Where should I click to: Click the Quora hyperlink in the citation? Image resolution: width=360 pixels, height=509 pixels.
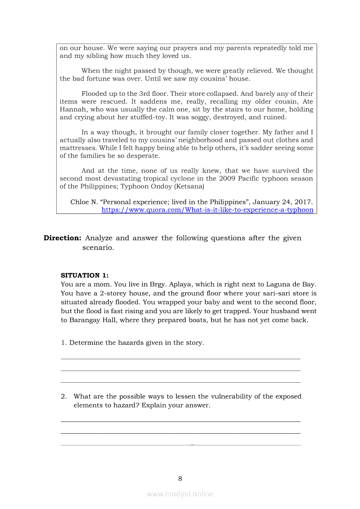click(x=207, y=210)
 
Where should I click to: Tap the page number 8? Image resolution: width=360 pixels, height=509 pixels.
click(x=180, y=479)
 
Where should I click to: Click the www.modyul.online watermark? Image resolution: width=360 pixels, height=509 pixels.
click(x=180, y=494)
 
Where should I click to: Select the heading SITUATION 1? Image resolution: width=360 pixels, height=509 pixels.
click(x=85, y=275)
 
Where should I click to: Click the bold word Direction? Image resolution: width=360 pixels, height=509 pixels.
click(x=62, y=238)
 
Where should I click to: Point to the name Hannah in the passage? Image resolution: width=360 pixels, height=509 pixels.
click(x=72, y=109)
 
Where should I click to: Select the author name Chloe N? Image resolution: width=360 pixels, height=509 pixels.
click(x=85, y=202)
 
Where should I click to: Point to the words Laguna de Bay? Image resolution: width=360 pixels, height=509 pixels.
click(x=294, y=284)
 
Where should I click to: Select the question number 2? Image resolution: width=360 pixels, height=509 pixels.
click(x=64, y=396)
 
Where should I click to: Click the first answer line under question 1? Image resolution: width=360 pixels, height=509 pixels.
click(x=180, y=358)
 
